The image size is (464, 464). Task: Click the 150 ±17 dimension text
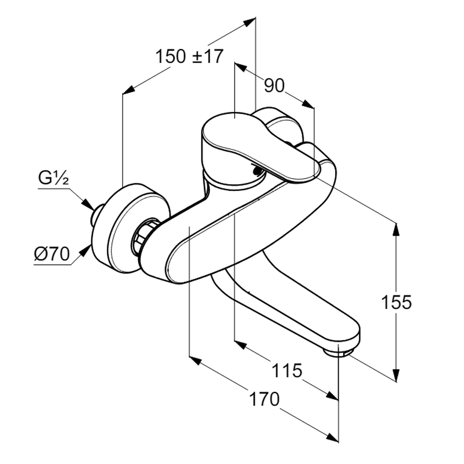click(x=189, y=57)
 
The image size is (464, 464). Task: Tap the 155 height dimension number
click(x=396, y=303)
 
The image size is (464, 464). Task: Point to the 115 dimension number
click(x=287, y=371)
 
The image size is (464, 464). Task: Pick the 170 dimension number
click(x=264, y=399)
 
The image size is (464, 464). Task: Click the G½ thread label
click(x=53, y=179)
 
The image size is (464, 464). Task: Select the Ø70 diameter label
click(x=52, y=254)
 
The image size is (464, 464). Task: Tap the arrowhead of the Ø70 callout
click(x=85, y=250)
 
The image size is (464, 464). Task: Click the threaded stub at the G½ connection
click(x=97, y=216)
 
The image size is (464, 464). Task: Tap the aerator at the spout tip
click(x=338, y=352)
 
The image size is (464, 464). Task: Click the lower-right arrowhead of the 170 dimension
click(x=333, y=438)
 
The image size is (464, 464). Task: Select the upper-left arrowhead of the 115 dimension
click(x=240, y=345)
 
